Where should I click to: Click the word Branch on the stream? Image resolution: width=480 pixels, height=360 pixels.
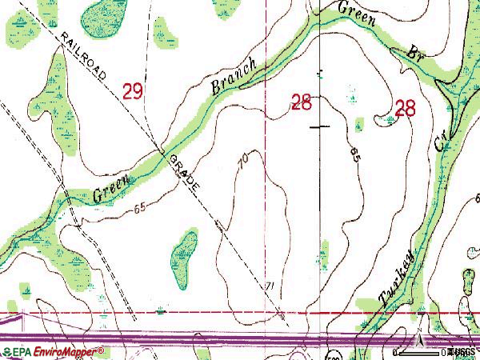[232, 77]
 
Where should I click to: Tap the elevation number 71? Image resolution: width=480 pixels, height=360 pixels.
[270, 286]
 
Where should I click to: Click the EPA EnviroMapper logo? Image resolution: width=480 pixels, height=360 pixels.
[53, 350]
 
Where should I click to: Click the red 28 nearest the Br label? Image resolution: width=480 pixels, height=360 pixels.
[406, 109]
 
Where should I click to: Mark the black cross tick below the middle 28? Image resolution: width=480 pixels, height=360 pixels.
[323, 126]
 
